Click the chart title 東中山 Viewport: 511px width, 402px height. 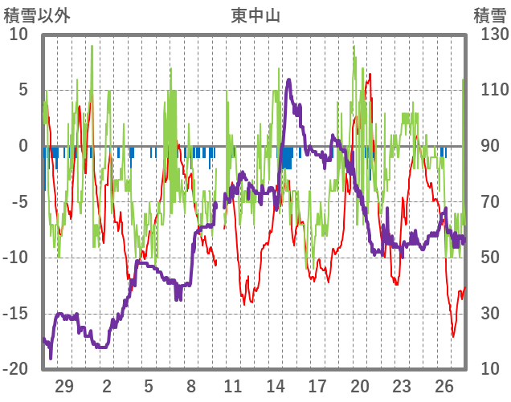255,15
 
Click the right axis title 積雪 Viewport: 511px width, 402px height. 489,15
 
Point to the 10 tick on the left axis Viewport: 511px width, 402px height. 18,35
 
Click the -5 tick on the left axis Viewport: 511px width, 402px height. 18,202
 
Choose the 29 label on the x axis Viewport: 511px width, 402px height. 64,386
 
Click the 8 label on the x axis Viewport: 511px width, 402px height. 191,386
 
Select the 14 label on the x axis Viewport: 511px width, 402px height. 276,386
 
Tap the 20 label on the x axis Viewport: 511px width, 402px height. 360,386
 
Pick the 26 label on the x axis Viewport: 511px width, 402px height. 444,386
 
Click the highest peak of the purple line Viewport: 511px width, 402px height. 288,79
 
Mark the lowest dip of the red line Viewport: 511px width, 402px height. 453,336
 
